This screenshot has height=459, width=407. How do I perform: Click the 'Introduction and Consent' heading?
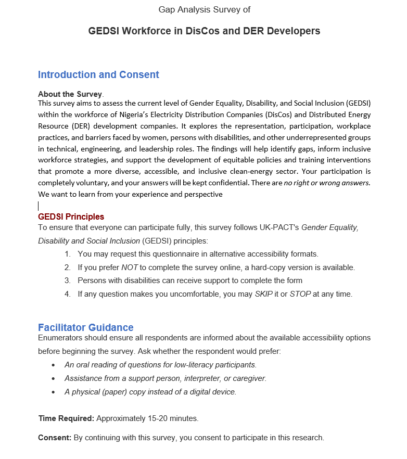click(98, 75)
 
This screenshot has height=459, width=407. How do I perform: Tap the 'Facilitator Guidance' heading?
click(85, 327)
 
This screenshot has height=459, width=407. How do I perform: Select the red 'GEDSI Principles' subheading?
click(71, 216)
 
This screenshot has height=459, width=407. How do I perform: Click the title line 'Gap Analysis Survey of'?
click(205, 9)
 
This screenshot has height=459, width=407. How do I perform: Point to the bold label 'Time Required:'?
click(66, 418)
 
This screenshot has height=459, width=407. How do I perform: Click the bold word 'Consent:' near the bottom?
click(55, 438)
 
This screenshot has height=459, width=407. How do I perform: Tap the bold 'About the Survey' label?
click(70, 94)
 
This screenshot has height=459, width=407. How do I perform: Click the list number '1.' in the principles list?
click(68, 254)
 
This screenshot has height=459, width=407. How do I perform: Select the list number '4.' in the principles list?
click(68, 294)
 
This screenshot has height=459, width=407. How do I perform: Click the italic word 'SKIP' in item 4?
click(264, 294)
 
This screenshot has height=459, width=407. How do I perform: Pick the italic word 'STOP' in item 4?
click(300, 294)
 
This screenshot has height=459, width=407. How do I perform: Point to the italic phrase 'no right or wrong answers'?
click(326, 183)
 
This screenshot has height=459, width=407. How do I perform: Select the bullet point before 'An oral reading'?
click(53, 365)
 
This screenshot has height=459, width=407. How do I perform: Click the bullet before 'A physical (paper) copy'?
click(53, 392)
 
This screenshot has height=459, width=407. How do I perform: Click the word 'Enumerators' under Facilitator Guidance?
click(60, 338)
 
